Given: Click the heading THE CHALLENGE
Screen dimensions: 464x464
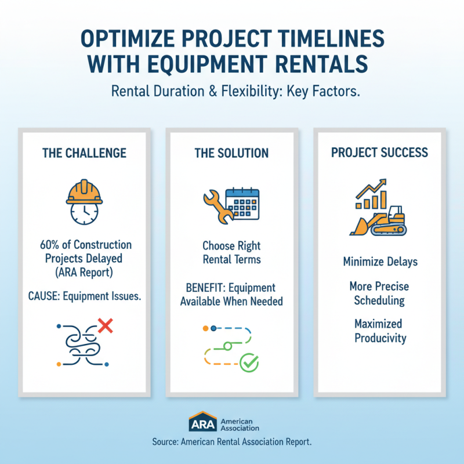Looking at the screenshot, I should coord(84,153).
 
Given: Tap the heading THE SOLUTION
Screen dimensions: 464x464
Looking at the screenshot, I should coord(231,153).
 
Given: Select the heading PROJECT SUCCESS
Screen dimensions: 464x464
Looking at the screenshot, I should coord(379,153).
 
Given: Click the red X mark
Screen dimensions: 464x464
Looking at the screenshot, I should coord(105,327).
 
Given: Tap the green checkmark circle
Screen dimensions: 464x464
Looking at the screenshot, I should coord(249,363).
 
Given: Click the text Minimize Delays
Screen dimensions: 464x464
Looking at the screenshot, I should coord(380,262).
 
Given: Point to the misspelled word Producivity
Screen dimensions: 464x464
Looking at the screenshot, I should coord(380,338).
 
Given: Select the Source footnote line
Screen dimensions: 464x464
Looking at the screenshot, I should coord(232,441).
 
